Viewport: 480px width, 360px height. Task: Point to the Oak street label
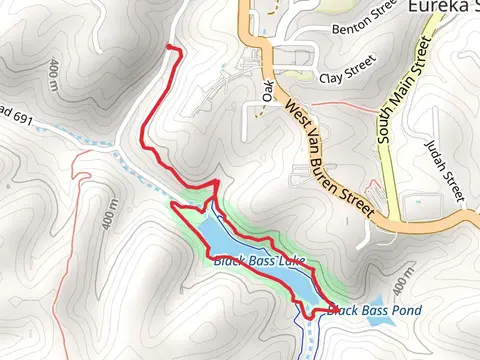point(267,91)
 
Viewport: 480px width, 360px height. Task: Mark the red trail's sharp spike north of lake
point(216,182)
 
